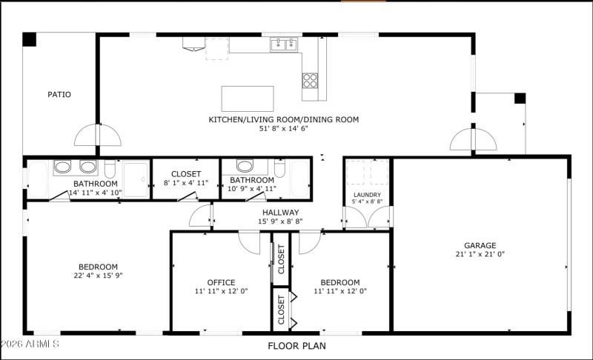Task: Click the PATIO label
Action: tap(59, 94)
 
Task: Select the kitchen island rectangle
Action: tap(247, 99)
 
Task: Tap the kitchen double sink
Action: tap(285, 44)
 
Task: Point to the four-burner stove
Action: tap(310, 80)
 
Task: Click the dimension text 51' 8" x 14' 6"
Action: tap(283, 129)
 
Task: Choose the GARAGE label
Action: tap(480, 245)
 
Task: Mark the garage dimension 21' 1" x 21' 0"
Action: tap(480, 254)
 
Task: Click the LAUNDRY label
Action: tap(367, 195)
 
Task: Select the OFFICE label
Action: tap(221, 282)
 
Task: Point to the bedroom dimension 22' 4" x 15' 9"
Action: tap(98, 276)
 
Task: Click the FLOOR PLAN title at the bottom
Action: tap(296, 345)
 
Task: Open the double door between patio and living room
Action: tap(97, 135)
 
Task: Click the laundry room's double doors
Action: tap(368, 217)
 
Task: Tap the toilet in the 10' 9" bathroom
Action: tap(279, 170)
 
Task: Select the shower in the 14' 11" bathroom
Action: tap(136, 179)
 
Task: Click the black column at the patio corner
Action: tap(29, 40)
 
